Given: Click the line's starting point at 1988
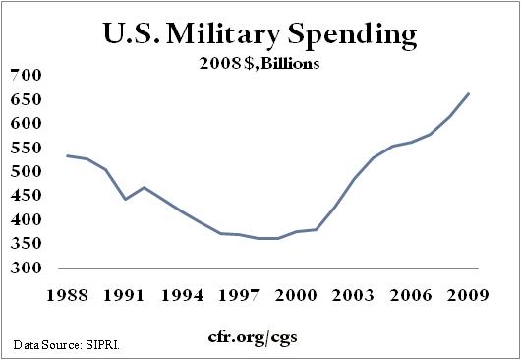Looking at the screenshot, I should coord(67,155).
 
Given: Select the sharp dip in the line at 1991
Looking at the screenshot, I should coord(125,199).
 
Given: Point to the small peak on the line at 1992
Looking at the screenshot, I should coord(144,187).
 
